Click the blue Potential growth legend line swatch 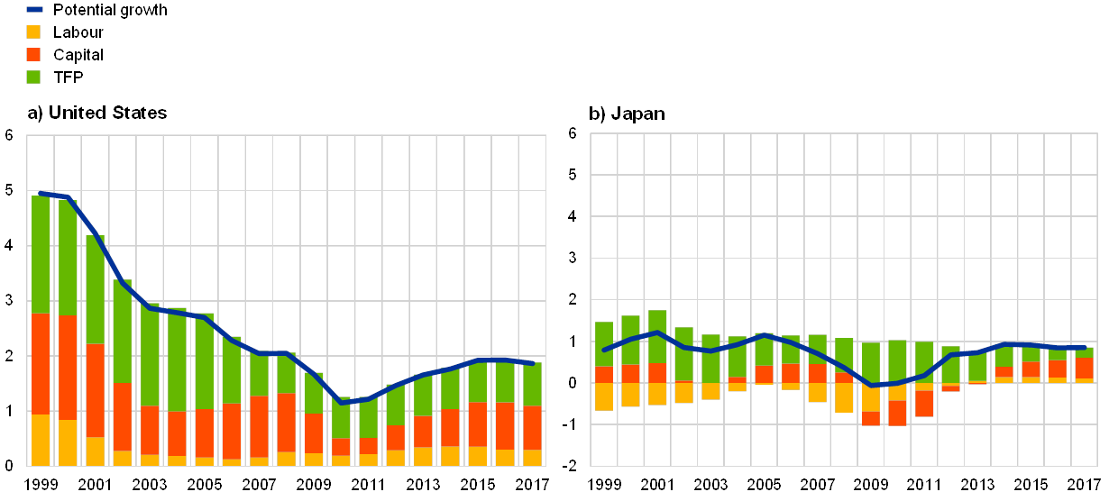pos(35,10)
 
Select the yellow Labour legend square pos(34,32)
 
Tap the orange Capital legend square pos(34,54)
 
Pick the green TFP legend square pos(34,77)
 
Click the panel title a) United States pos(97,114)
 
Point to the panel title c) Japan pos(628,114)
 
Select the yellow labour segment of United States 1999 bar pos(41,439)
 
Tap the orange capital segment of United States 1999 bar pos(41,363)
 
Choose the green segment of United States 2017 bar pos(533,384)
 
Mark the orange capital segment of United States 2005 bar pos(205,433)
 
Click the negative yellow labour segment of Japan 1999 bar pos(604,396)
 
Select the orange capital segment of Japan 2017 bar pos(1084,368)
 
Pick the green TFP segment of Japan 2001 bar pos(657,336)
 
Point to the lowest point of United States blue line pos(341,402)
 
